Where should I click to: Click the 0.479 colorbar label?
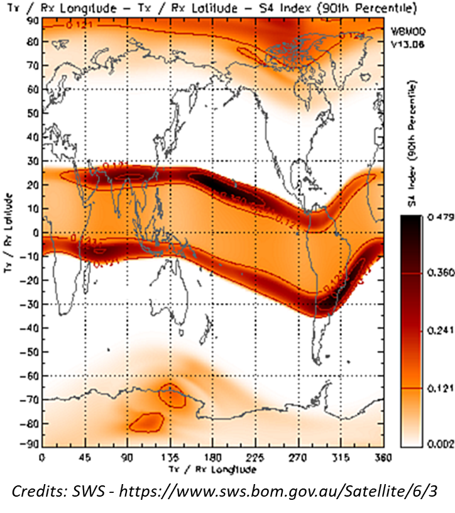coord(433,218)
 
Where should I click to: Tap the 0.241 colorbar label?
coord(433,332)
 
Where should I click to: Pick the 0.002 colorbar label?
coord(433,445)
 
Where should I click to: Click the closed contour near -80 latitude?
coord(146,422)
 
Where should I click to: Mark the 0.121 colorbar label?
coord(433,389)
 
